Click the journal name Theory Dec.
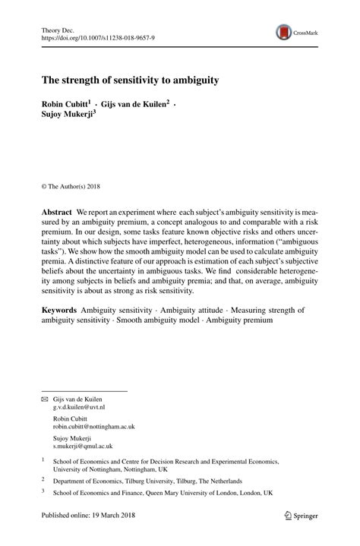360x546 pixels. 58,29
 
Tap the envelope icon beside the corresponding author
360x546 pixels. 44,399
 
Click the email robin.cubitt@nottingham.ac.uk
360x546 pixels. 93,427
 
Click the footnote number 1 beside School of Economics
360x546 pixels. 43,459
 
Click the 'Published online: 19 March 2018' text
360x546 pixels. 93,517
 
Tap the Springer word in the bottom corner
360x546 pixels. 305,517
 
